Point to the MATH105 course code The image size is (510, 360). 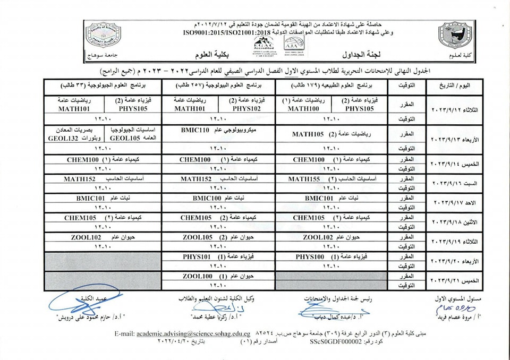(308, 134)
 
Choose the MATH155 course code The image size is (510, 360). (305, 179)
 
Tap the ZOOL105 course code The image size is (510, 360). (197, 237)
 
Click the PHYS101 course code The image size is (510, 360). (194, 256)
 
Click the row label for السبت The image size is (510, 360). (457, 184)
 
